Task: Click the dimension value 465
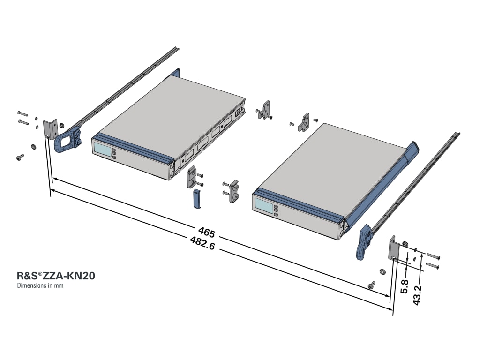coord(206,232)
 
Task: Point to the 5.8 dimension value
coord(406,285)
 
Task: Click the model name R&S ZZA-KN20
coord(56,276)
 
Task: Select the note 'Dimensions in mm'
coord(40,285)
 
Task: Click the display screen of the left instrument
coord(102,150)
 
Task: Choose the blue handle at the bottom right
coord(363,241)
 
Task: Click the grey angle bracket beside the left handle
coord(49,129)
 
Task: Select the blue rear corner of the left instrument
coord(176,73)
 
